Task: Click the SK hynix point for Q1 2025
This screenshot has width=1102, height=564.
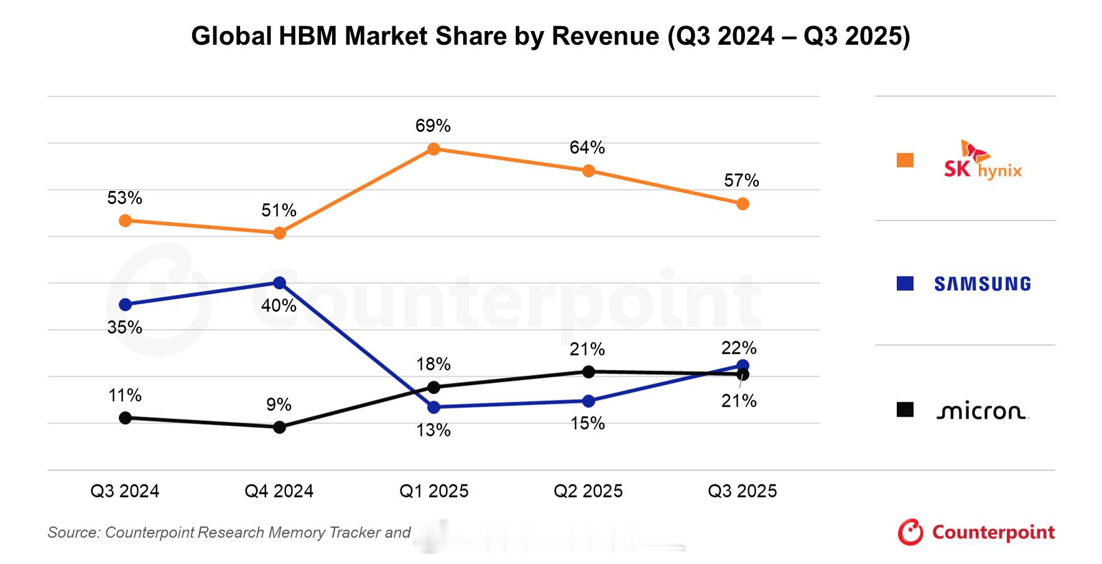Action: point(434,149)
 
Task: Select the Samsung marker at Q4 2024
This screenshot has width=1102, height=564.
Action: point(280,283)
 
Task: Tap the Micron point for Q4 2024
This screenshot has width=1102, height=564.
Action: point(280,427)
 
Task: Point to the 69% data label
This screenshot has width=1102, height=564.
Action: point(433,126)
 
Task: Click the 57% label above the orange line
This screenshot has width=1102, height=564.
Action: point(742,181)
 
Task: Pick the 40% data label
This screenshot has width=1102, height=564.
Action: point(279,306)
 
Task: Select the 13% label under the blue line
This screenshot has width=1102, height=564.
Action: point(433,430)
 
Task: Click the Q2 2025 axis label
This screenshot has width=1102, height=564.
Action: point(588,491)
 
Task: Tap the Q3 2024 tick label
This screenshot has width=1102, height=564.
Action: point(125,491)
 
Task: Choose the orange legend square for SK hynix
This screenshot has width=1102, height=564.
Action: point(905,160)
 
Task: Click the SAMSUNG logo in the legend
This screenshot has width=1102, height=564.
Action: point(983,284)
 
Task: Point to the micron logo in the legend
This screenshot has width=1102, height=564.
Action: point(981,411)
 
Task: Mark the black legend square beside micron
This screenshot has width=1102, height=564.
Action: point(905,410)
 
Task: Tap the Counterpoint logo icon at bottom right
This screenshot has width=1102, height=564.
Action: point(910,532)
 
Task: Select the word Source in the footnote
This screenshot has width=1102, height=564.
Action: point(73,533)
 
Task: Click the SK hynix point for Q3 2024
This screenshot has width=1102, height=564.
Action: point(125,221)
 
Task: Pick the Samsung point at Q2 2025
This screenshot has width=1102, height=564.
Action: point(588,401)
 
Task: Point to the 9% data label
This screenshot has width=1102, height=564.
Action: point(279,405)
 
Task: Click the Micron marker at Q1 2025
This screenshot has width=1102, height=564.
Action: point(434,387)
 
